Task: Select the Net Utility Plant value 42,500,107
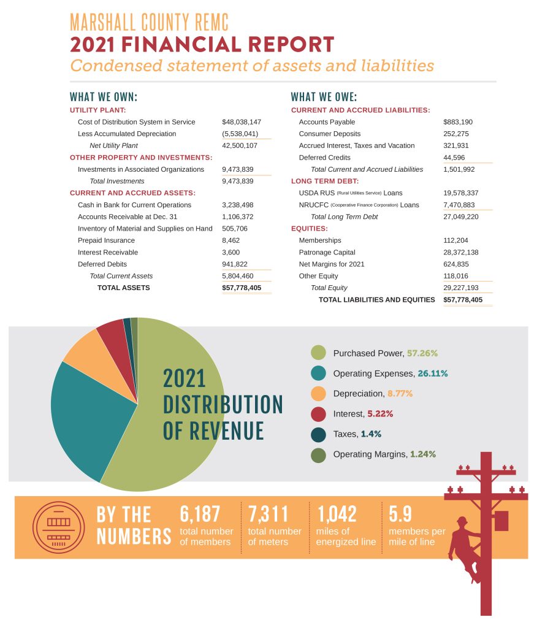pyautogui.click(x=240, y=145)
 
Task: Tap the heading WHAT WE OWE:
pyautogui.click(x=324, y=97)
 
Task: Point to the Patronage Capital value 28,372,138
pyautogui.click(x=460, y=252)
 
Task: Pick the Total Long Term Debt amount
pyautogui.click(x=460, y=216)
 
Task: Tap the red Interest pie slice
pyautogui.click(x=112, y=331)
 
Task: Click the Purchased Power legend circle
pyautogui.click(x=318, y=353)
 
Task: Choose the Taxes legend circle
pyautogui.click(x=318, y=434)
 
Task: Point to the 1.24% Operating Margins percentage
pyautogui.click(x=424, y=454)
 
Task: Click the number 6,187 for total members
pyautogui.click(x=200, y=513)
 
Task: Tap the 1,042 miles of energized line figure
pyautogui.click(x=337, y=513)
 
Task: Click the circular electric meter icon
pyautogui.click(x=58, y=527)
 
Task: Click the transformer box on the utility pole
pyautogui.click(x=501, y=520)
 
